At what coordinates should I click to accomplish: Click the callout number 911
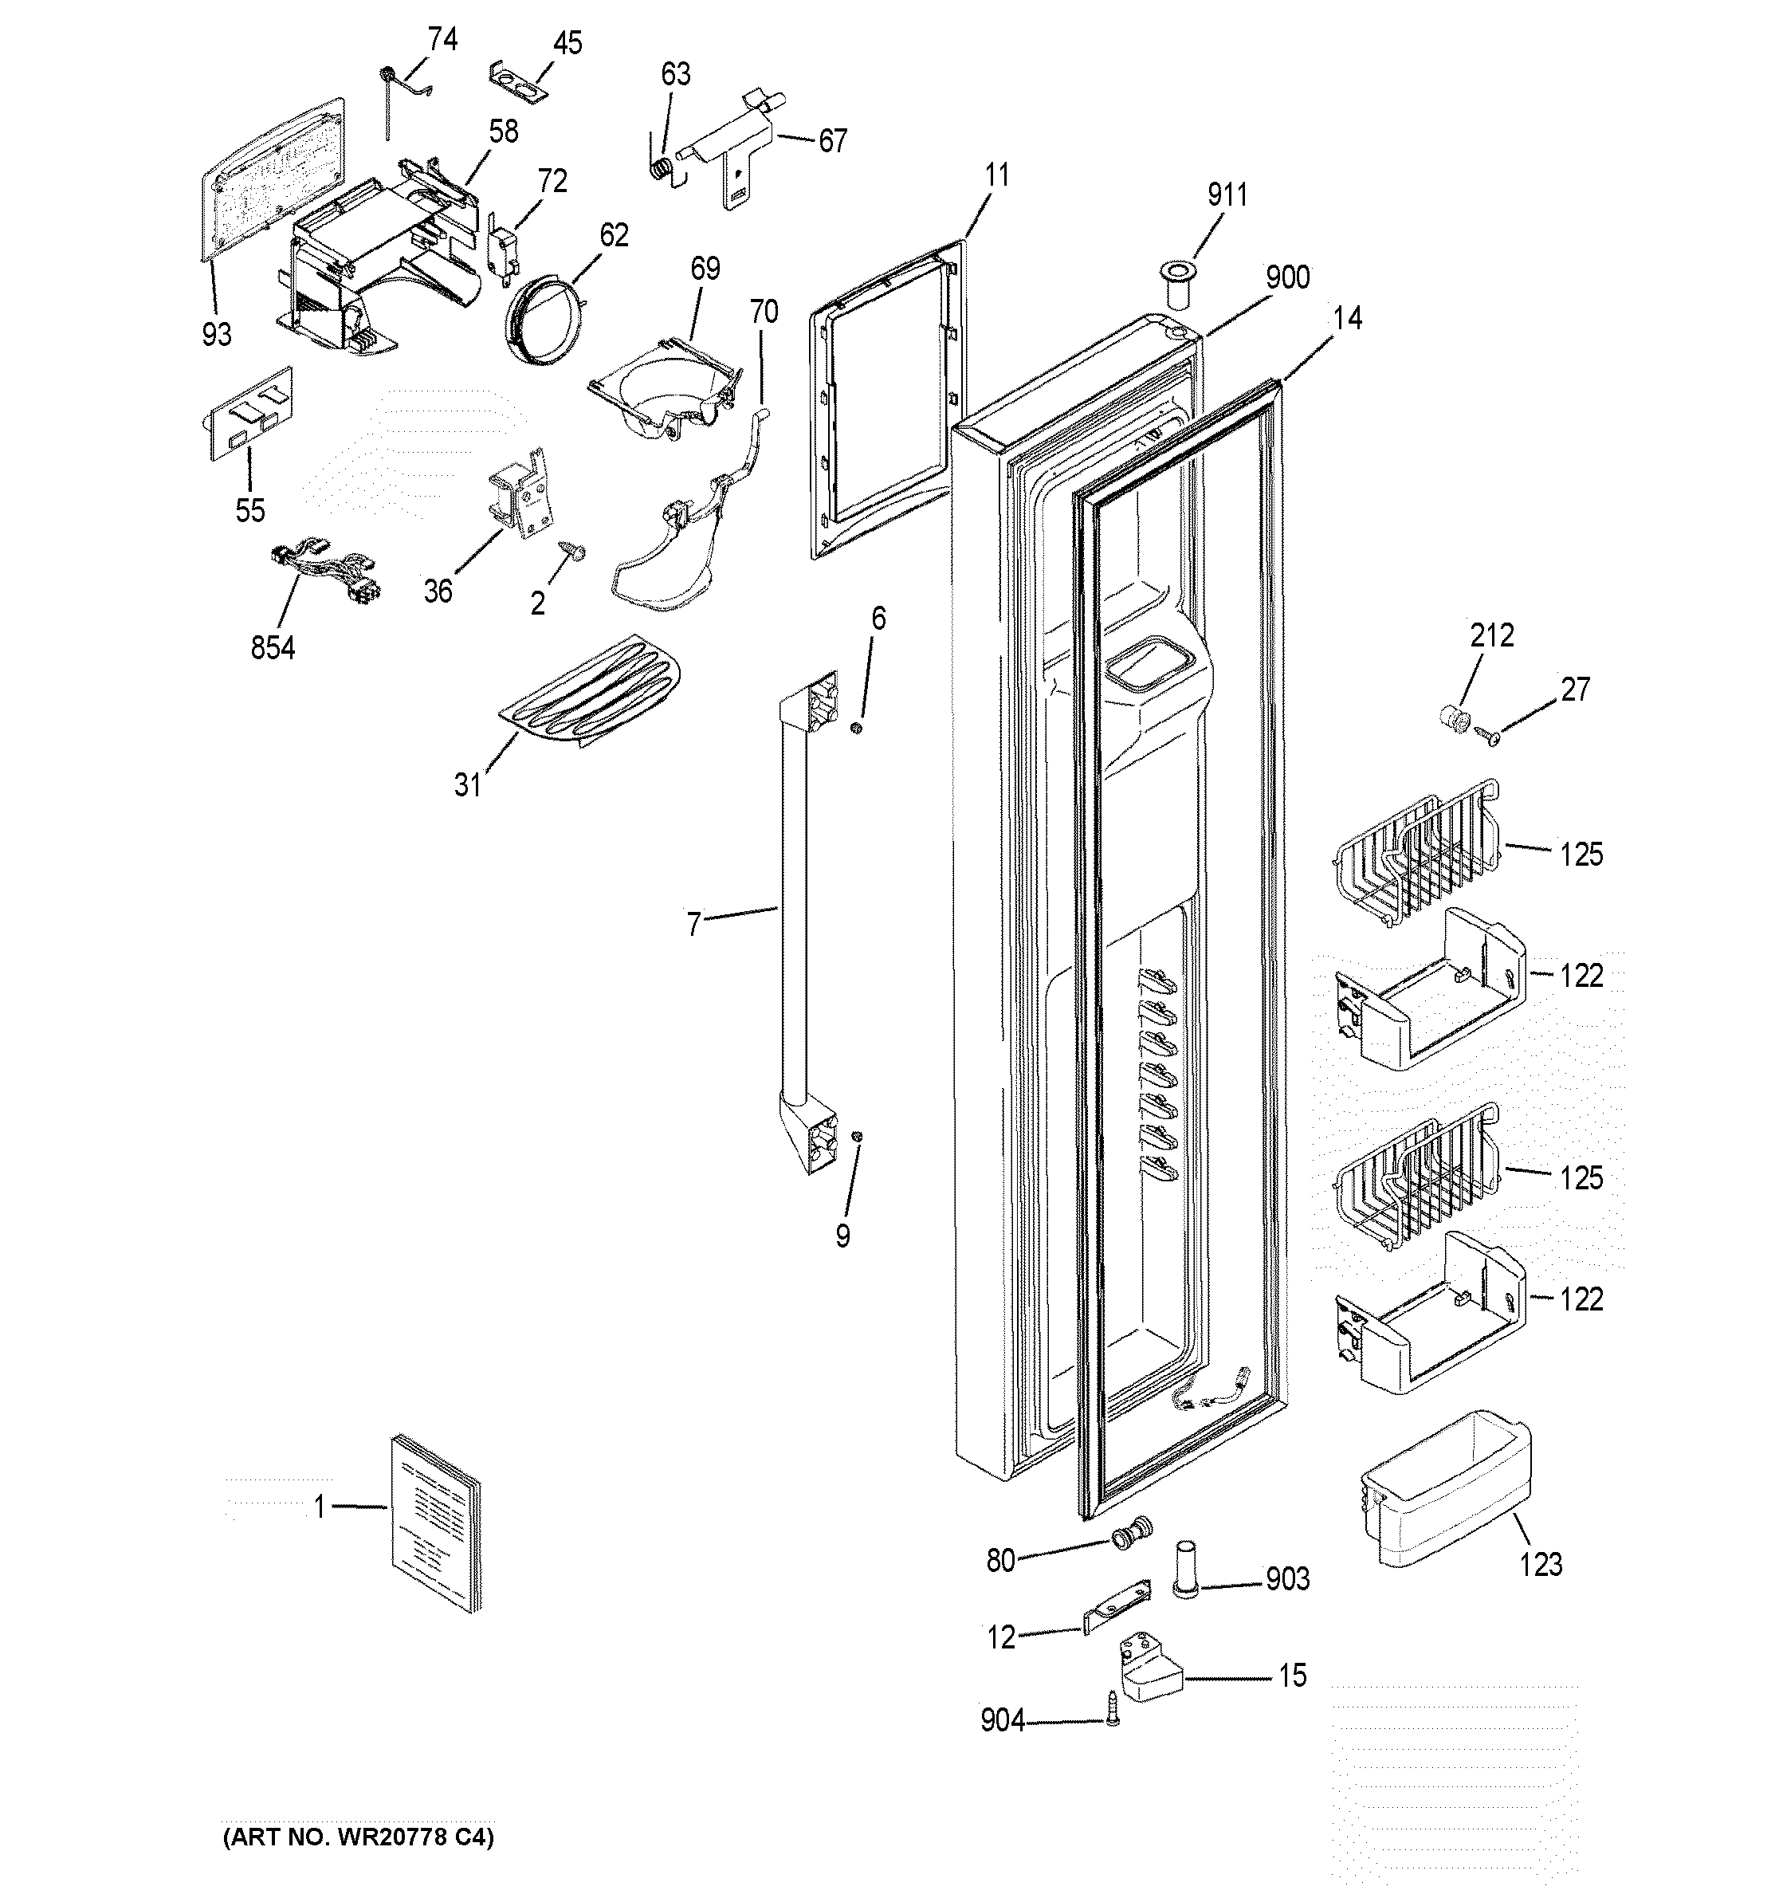click(1227, 195)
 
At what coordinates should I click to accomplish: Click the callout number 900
click(1287, 278)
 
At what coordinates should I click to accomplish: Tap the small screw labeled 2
click(574, 550)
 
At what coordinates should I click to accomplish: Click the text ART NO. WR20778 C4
click(358, 1837)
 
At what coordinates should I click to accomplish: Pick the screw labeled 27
click(1487, 733)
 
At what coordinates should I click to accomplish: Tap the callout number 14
click(1346, 319)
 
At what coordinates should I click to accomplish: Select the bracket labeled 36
click(519, 493)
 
